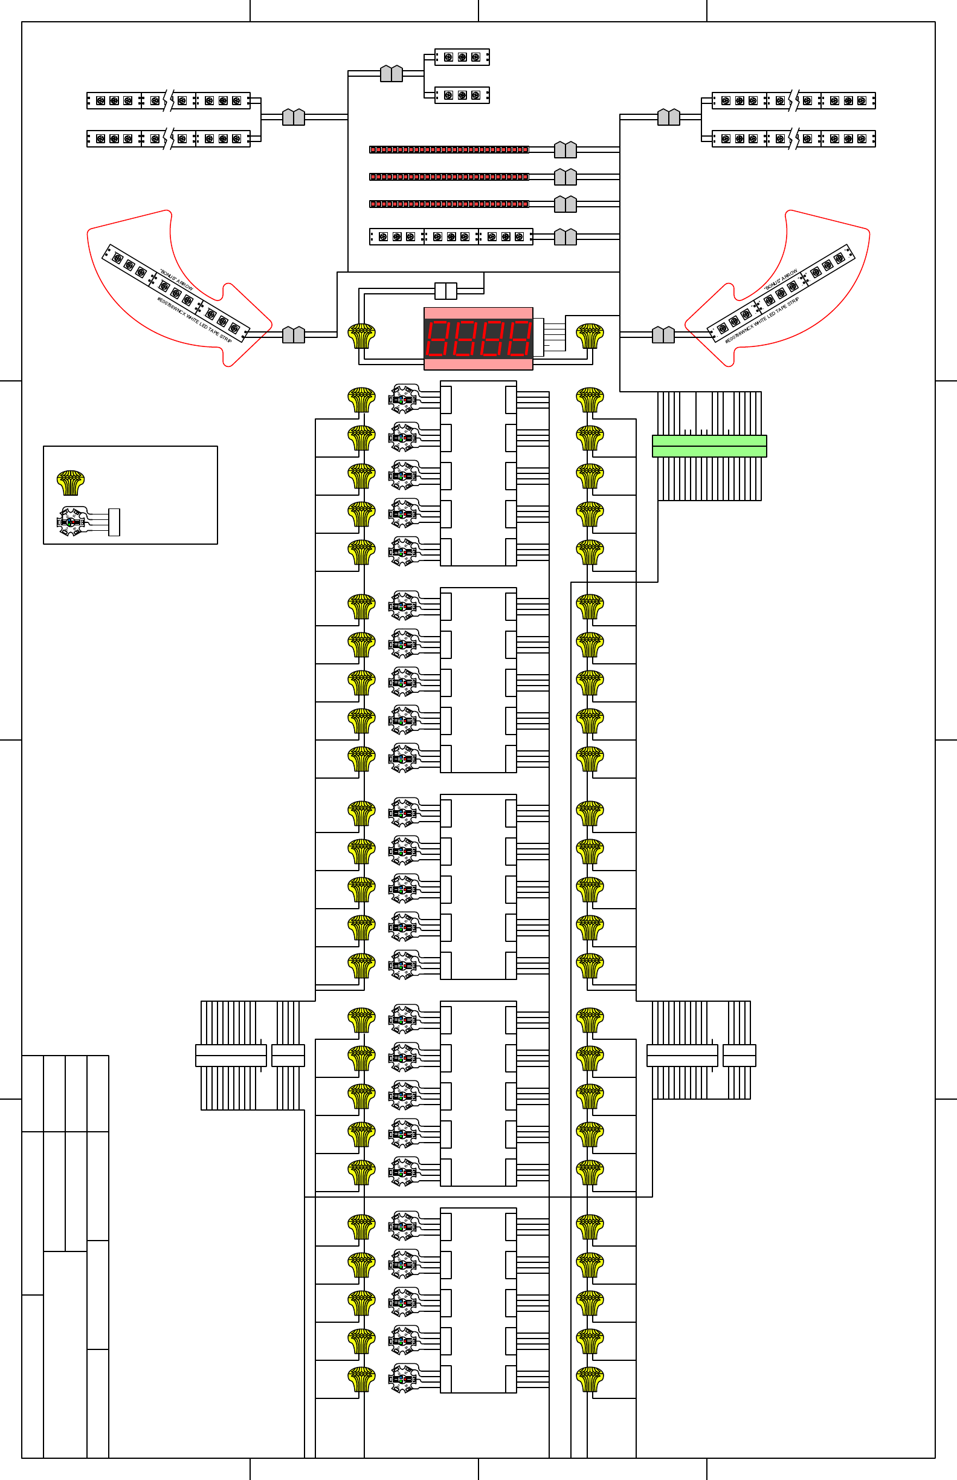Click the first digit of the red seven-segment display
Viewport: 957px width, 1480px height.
coord(439,339)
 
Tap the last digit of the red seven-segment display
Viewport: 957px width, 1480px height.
coord(519,339)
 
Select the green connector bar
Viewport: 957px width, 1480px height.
coord(709,446)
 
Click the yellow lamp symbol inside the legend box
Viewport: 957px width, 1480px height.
coord(70,482)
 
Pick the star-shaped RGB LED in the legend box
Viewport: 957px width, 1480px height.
coord(71,522)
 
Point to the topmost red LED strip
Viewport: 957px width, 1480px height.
coord(449,149)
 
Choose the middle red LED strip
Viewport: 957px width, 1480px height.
coord(449,177)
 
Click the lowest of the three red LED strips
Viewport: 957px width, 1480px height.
coord(449,204)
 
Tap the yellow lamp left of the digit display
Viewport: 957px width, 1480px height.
coord(362,336)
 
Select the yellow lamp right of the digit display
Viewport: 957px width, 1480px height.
coord(590,336)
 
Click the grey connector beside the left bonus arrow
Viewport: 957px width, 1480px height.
coord(293,334)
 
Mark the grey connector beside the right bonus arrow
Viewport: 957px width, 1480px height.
coord(663,334)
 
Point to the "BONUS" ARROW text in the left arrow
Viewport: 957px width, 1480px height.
coord(176,280)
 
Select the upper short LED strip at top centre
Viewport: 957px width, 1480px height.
coord(462,57)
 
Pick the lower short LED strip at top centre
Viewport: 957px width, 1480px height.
coord(462,95)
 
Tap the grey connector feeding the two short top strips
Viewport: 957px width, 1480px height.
coord(391,73)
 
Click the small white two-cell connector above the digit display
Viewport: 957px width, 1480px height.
coord(445,290)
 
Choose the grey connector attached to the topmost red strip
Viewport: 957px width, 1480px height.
coord(565,149)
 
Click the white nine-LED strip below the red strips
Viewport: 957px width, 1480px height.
coord(451,237)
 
